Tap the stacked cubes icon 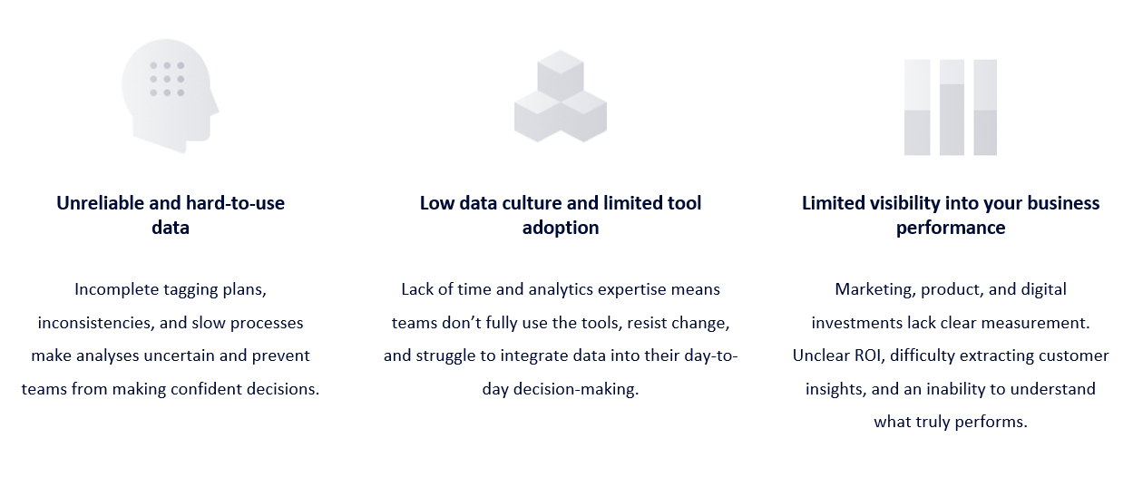tap(560, 96)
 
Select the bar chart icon tap(950, 107)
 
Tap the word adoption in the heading tap(560, 228)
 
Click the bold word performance tap(950, 228)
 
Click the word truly tap(934, 422)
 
